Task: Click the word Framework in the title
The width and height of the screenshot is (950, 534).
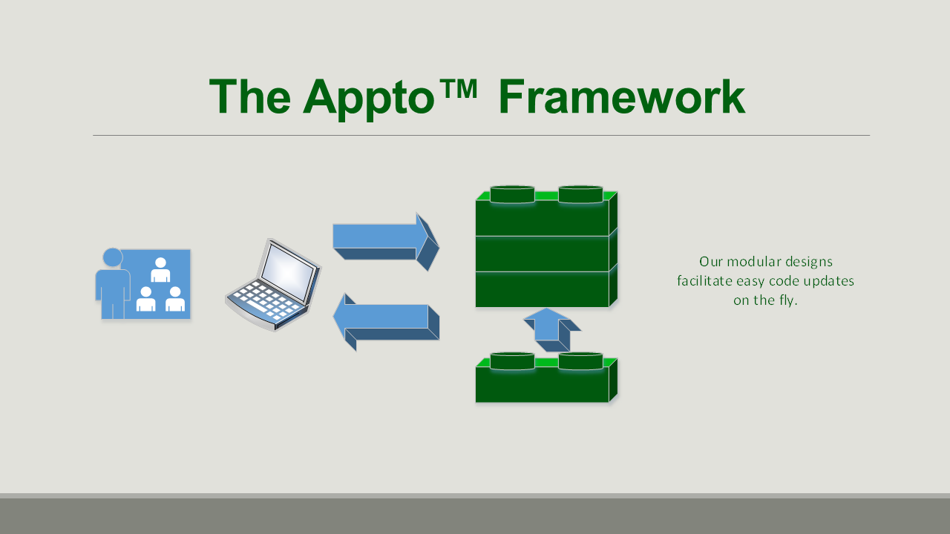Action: (x=622, y=96)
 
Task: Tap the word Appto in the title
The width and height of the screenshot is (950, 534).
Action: (x=369, y=99)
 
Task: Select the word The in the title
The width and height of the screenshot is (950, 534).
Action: (x=250, y=96)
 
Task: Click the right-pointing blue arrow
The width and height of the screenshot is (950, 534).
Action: (x=386, y=242)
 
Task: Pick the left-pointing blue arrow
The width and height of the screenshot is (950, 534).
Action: (x=386, y=322)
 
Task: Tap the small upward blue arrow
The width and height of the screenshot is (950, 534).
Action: (x=552, y=330)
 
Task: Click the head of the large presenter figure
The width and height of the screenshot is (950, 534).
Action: (x=113, y=257)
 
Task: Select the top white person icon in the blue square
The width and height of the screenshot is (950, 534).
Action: (x=160, y=270)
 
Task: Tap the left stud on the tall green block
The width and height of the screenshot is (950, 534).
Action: (x=512, y=194)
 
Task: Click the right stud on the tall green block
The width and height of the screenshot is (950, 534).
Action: (x=580, y=194)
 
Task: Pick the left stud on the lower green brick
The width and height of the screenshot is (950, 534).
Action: (x=512, y=361)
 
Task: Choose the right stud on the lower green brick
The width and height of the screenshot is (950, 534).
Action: (x=580, y=361)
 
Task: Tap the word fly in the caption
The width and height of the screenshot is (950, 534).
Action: (x=788, y=300)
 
